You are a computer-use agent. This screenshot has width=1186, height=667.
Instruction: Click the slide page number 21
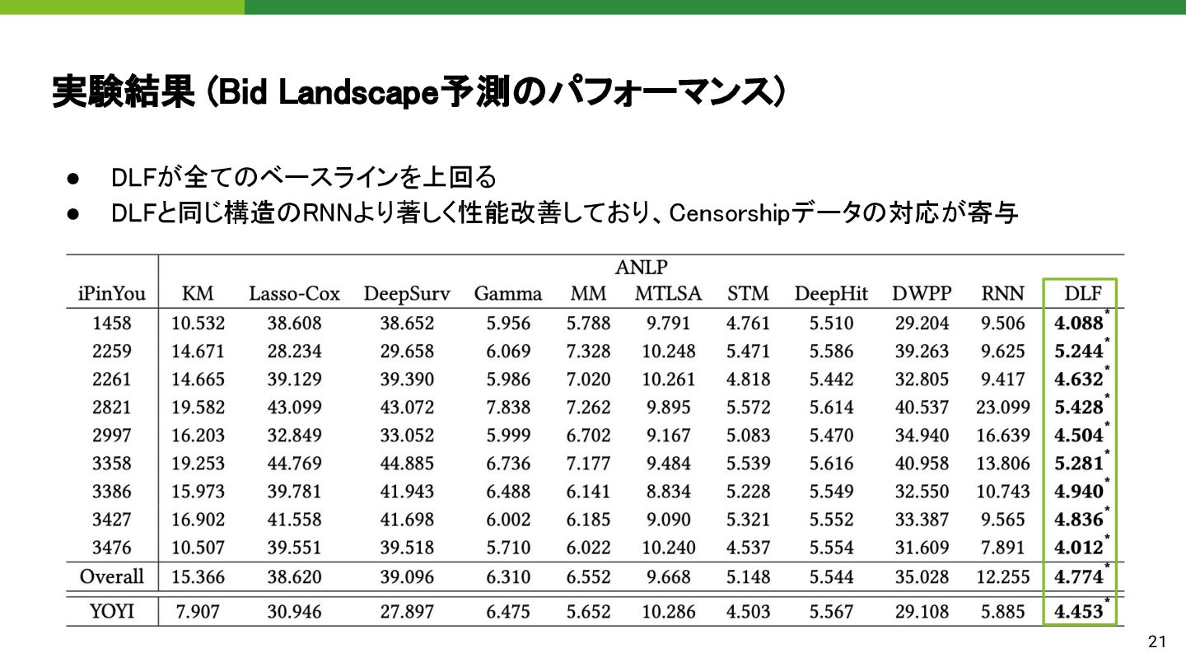click(1157, 642)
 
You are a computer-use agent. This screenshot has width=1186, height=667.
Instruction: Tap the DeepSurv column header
click(407, 294)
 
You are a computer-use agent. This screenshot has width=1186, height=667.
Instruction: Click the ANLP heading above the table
click(641, 268)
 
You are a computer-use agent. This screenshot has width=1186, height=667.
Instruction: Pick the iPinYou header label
click(112, 294)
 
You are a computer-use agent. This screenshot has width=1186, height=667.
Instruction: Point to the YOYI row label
click(112, 612)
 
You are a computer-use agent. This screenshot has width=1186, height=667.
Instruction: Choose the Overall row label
click(112, 577)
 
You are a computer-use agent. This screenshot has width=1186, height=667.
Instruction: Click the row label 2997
click(112, 436)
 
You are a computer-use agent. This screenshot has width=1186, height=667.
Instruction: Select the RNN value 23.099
click(1002, 407)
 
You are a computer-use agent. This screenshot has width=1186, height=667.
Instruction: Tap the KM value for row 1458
click(198, 323)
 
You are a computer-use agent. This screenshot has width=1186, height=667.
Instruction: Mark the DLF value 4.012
click(1078, 548)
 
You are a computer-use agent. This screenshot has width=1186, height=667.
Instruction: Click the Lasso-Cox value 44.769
click(294, 464)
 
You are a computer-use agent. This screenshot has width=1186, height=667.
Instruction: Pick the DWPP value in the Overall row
click(922, 577)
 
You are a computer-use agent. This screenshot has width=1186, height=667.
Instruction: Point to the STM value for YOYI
click(748, 612)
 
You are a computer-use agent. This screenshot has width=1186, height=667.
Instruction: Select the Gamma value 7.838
click(508, 407)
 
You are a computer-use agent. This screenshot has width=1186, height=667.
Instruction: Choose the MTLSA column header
click(668, 294)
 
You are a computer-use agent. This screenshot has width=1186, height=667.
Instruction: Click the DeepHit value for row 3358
click(831, 464)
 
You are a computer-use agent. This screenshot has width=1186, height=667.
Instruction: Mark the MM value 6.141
click(588, 492)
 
